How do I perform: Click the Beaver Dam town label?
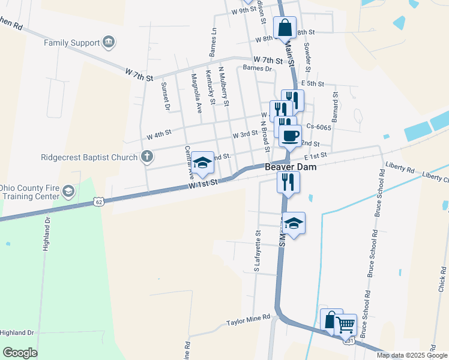click(291, 167)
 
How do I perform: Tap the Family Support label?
click(72, 43)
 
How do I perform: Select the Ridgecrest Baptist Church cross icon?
click(146, 158)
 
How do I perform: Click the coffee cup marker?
click(290, 136)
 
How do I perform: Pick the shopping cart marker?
click(345, 325)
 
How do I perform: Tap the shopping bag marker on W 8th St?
click(285, 28)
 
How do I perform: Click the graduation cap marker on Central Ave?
click(202, 163)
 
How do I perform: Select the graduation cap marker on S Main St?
click(294, 224)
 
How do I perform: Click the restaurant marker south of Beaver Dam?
click(288, 181)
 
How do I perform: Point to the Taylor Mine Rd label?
click(249, 322)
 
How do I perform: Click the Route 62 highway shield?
click(99, 202)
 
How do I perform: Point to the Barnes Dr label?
click(258, 68)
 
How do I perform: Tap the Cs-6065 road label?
click(319, 127)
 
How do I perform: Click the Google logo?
click(20, 353)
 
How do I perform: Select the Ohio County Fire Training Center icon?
click(68, 191)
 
